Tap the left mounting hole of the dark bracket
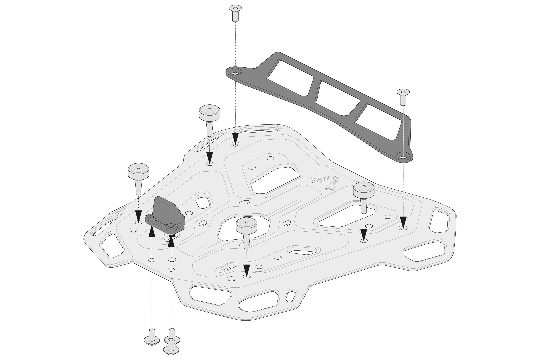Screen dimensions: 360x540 click(235, 73)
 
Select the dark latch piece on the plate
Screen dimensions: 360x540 click(165, 215)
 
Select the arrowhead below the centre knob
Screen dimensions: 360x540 click(247, 270)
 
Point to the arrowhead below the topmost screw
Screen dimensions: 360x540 click(235, 137)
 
